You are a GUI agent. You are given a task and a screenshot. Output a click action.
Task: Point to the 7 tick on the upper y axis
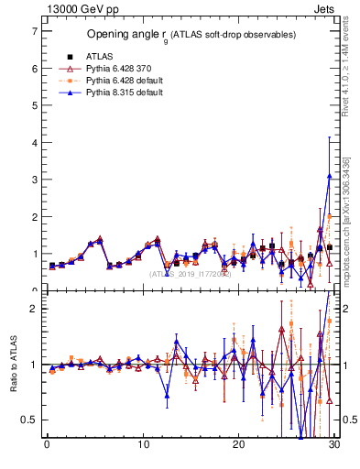click(x=34, y=31)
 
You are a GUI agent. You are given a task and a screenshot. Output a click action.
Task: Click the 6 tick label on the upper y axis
click(x=34, y=69)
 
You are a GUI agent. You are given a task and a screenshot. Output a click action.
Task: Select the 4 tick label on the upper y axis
click(x=34, y=143)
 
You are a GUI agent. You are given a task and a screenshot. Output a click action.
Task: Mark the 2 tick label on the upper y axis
click(x=34, y=217)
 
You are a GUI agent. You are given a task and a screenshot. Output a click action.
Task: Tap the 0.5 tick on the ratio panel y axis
click(x=30, y=420)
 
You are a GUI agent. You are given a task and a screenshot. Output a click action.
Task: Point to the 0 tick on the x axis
click(x=47, y=446)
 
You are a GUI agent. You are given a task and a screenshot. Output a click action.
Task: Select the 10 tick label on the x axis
click(x=143, y=446)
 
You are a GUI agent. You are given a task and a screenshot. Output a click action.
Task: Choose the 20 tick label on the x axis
click(x=238, y=446)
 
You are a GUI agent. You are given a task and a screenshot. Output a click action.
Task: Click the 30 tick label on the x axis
click(x=334, y=446)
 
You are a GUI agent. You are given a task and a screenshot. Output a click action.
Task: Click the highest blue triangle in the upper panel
click(x=329, y=176)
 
